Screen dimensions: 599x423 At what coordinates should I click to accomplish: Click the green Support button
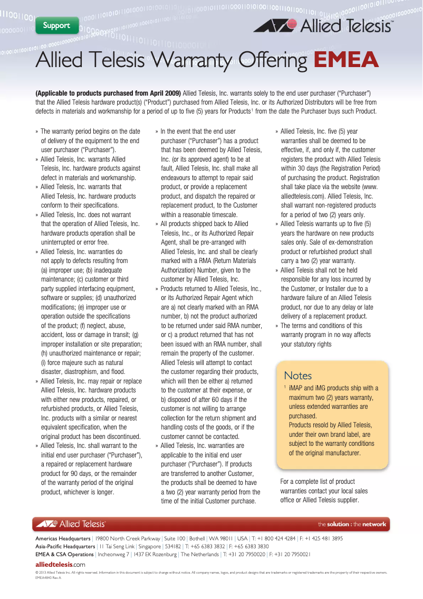pyautogui.click(x=57, y=25)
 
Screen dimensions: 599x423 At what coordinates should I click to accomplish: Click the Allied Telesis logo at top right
pyautogui.click(x=323, y=25)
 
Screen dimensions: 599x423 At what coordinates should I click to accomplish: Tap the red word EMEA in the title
pyautogui.click(x=346, y=60)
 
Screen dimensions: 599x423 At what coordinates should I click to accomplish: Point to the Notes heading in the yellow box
pyautogui.click(x=298, y=376)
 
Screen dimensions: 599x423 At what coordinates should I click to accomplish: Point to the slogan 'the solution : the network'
pyautogui.click(x=352, y=525)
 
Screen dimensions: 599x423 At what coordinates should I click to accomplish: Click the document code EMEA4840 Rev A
pyautogui.click(x=48, y=577)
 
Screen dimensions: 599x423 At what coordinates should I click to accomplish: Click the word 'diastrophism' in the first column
pyautogui.click(x=81, y=372)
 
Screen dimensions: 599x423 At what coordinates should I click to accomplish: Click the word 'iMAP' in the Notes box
pyautogui.click(x=297, y=388)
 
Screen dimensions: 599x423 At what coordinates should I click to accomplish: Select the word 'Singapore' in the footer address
pyautogui.click(x=150, y=546)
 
